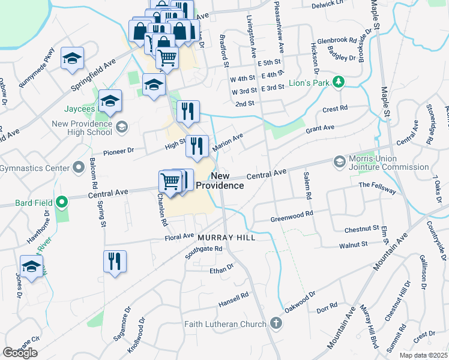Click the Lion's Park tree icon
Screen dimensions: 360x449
(x=339, y=82)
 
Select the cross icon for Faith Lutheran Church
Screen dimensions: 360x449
(x=276, y=324)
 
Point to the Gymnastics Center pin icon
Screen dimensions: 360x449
(x=78, y=167)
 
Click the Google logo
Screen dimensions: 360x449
(x=20, y=352)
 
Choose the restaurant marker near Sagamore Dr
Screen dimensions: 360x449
(x=115, y=262)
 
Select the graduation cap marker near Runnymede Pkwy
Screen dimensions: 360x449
(x=73, y=59)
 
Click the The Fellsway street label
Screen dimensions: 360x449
(x=378, y=187)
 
